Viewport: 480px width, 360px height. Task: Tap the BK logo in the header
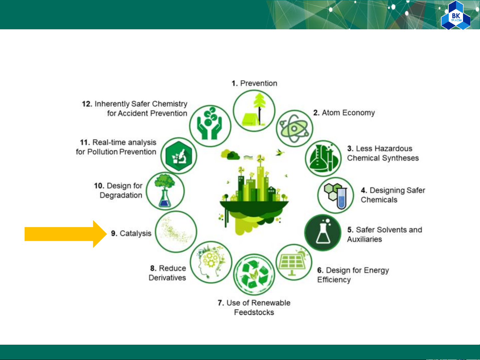[455, 16]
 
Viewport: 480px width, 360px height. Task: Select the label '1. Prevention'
[254, 83]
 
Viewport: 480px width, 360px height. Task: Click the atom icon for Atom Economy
[294, 128]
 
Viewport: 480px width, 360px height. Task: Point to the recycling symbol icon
[254, 274]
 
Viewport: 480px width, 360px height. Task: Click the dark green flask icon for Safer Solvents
[323, 232]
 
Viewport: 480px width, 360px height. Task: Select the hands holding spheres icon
[210, 126]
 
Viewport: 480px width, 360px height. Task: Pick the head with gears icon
[211, 262]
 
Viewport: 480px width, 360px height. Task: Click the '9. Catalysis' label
[131, 233]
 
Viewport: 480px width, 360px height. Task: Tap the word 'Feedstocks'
[254, 312]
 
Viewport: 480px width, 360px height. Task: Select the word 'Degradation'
[121, 195]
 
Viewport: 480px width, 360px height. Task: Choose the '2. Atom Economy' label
[344, 113]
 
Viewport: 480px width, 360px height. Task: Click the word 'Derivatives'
[167, 278]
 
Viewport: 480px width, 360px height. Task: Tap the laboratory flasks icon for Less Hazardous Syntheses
[323, 159]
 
